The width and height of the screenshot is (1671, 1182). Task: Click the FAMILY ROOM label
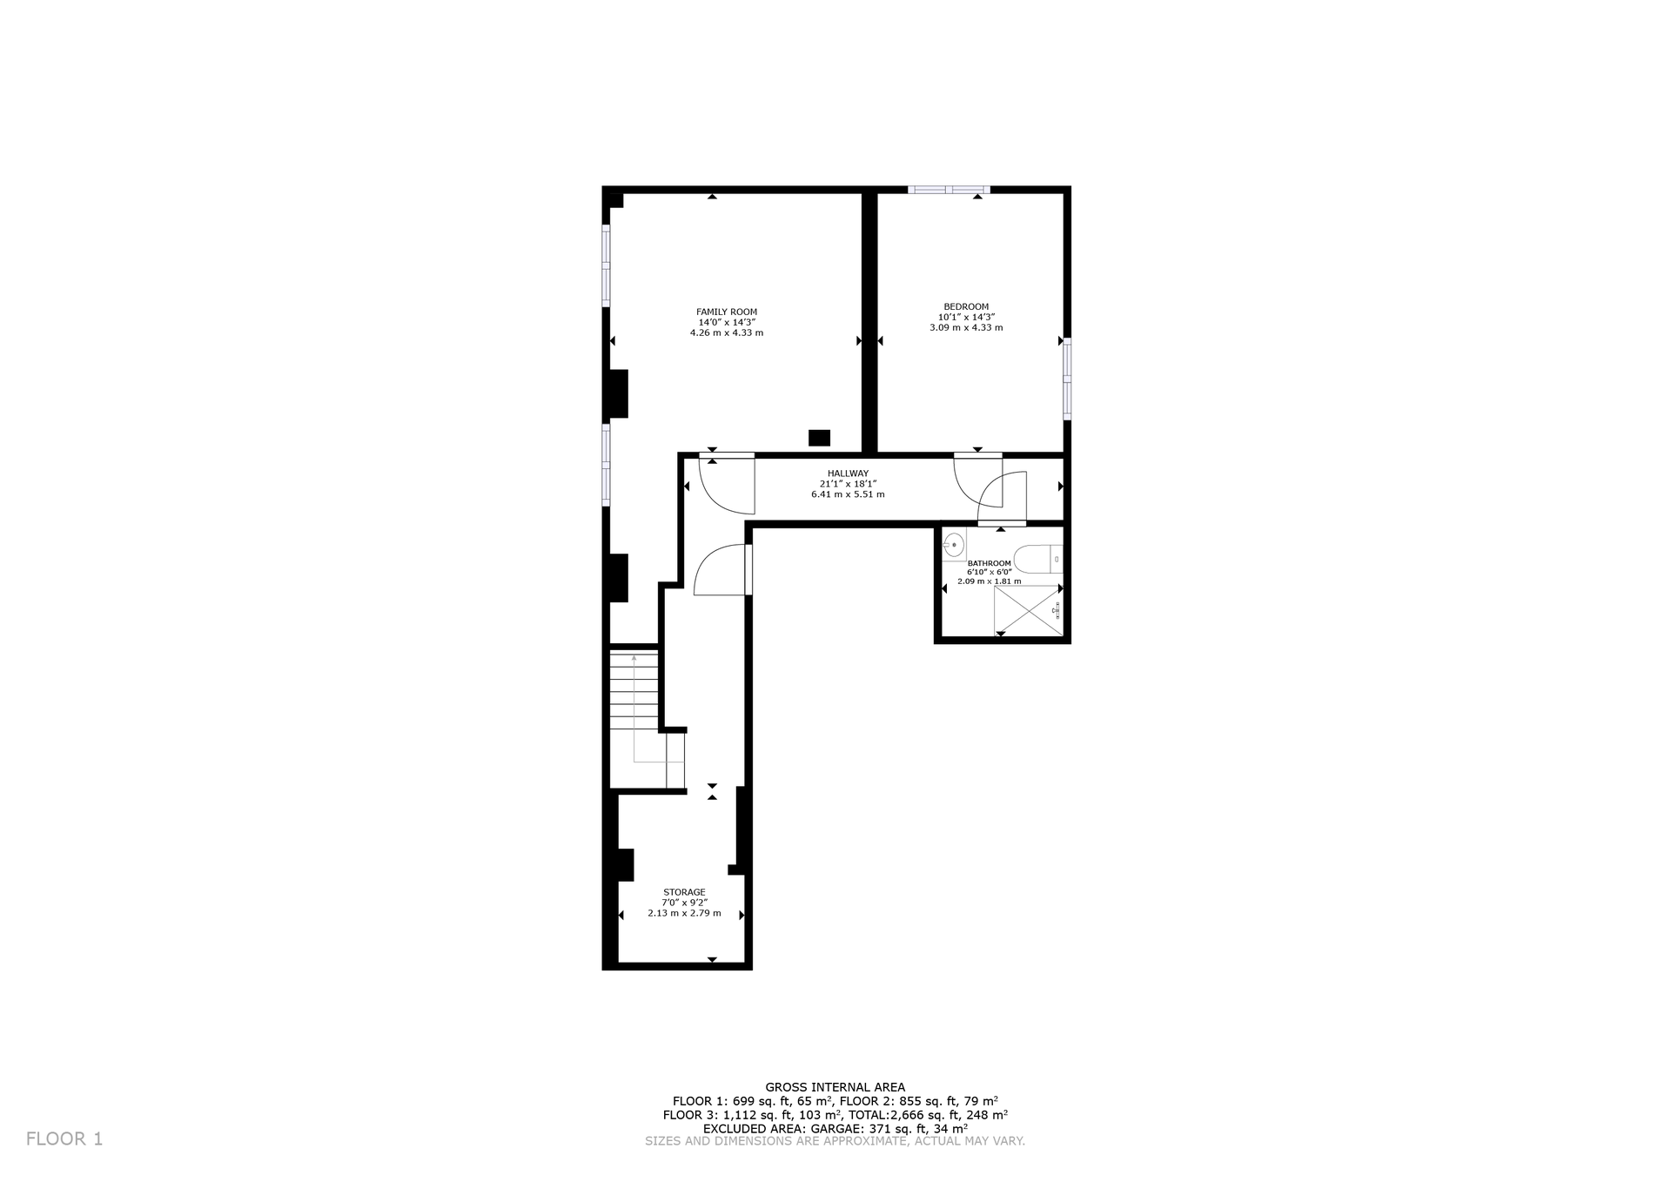726,312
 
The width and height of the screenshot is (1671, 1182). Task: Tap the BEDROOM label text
966,306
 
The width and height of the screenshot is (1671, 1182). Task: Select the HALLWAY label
848,473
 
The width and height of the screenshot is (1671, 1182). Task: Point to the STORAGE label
684,892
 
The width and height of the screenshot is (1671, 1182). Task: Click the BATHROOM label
990,563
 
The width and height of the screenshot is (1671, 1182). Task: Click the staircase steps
634,692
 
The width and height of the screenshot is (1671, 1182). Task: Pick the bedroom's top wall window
949,189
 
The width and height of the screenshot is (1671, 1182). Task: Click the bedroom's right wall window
1067,379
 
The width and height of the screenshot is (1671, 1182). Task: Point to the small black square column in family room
819,438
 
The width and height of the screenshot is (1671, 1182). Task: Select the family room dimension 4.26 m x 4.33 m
726,332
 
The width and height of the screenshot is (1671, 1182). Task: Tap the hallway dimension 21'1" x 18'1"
848,484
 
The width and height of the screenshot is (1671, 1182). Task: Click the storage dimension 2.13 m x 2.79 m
684,913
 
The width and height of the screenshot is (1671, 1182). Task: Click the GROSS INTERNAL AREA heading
835,1087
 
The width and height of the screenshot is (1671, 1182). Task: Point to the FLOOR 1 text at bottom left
64,1138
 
